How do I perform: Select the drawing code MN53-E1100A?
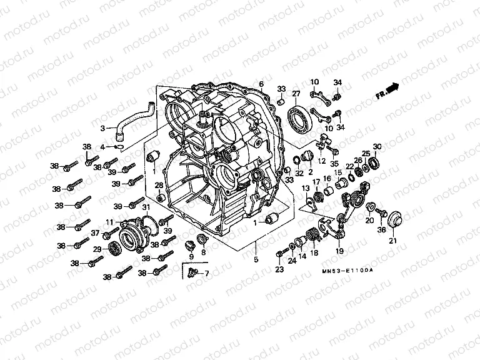(x=348, y=269)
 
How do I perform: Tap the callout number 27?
(x=296, y=94)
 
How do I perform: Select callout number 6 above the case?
(x=261, y=84)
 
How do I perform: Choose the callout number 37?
(x=96, y=232)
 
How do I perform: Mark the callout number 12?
(x=323, y=161)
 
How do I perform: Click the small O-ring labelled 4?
(x=119, y=147)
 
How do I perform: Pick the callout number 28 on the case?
(x=159, y=185)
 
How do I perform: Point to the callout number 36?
(x=381, y=229)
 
